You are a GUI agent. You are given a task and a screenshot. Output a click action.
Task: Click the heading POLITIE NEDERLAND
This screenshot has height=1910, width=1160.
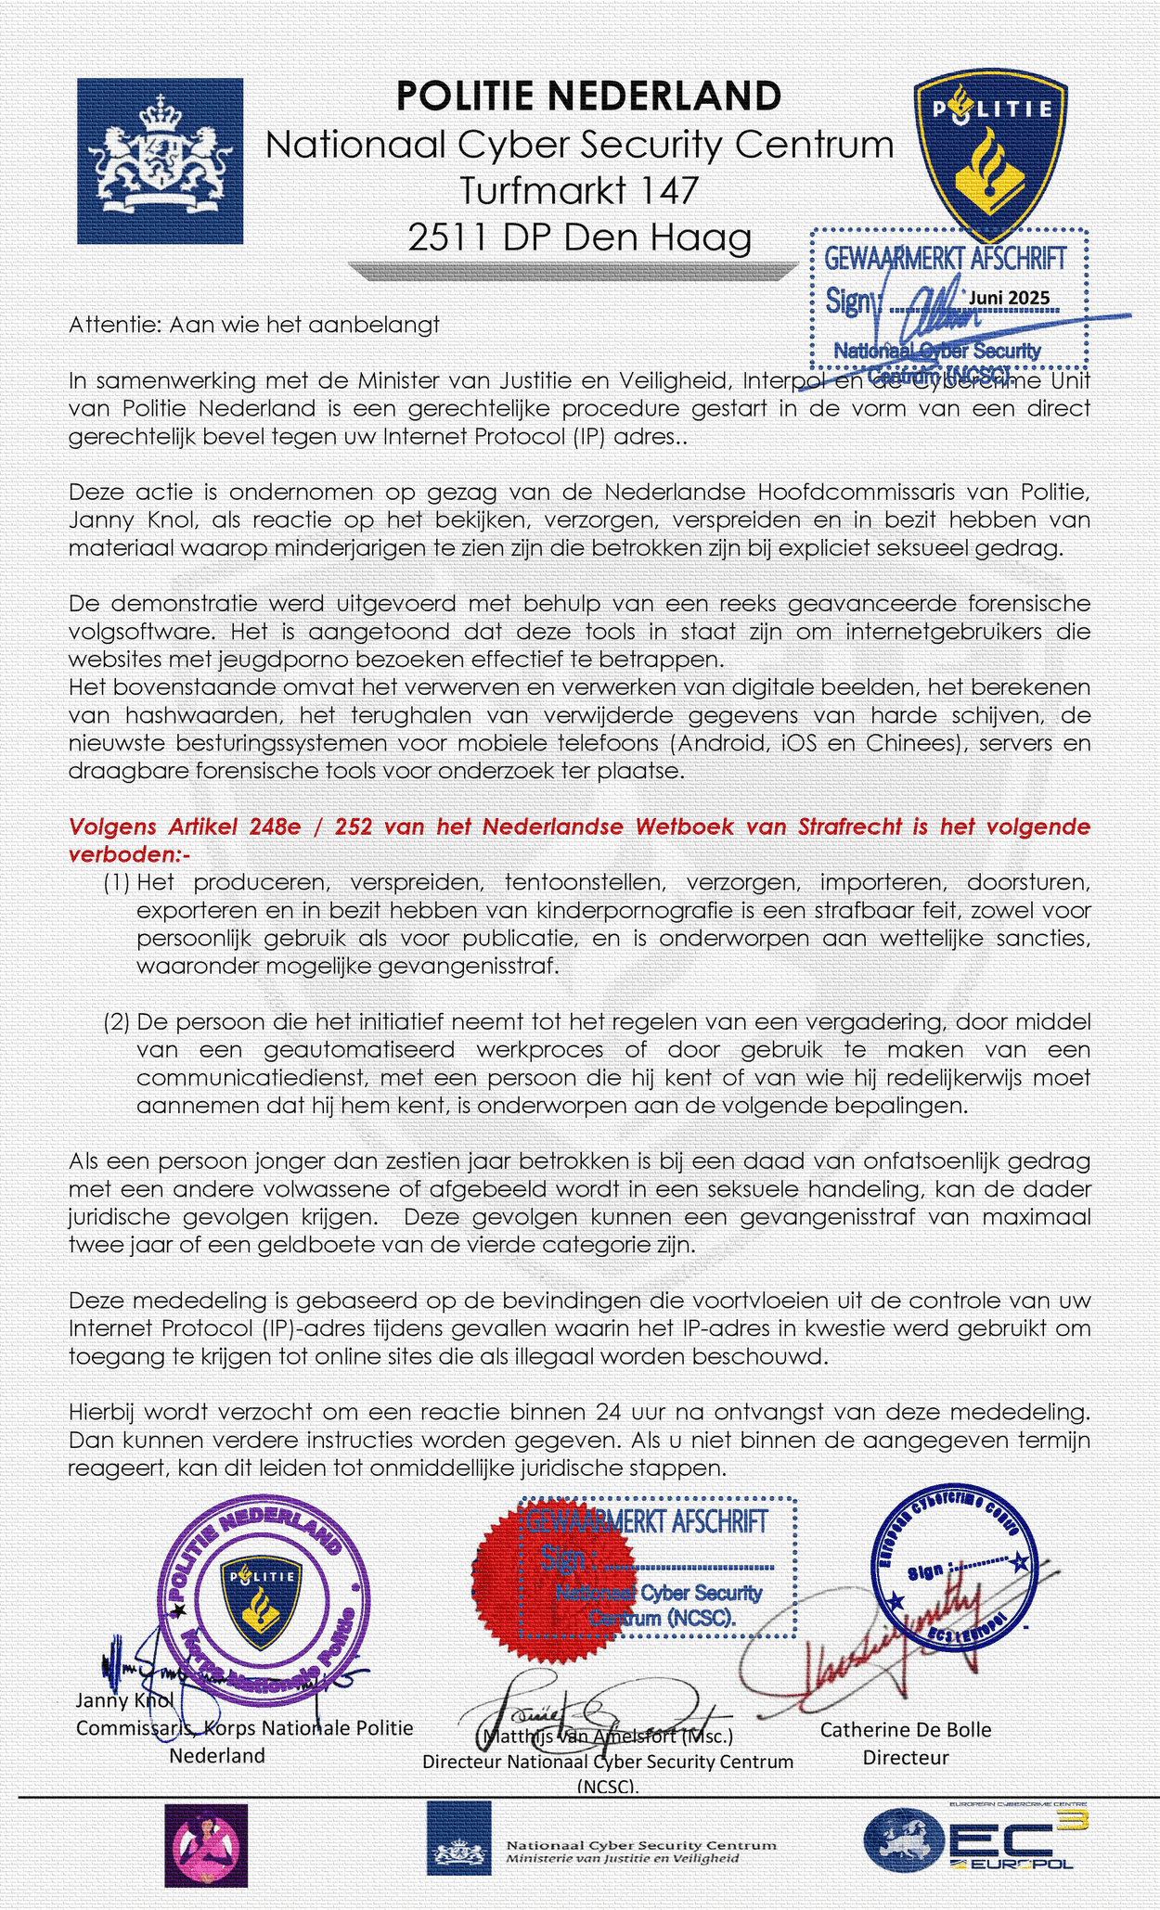588,96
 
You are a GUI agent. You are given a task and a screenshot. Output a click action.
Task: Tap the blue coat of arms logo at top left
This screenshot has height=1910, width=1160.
160,160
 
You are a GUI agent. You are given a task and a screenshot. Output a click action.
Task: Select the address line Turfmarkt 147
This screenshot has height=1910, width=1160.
579,191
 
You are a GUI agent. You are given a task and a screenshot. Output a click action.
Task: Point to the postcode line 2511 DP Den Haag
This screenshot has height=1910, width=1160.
579,238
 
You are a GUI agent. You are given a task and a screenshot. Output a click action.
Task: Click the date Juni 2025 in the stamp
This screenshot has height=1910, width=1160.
1009,297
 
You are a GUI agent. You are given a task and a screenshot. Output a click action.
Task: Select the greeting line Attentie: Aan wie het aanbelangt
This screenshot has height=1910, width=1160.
253,325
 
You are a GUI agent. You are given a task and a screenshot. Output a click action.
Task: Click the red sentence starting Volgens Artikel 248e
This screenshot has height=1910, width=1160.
579,827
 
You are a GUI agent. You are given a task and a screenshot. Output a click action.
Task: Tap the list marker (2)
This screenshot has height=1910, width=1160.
117,1021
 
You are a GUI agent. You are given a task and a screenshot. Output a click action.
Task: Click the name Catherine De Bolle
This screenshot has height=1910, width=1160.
906,1729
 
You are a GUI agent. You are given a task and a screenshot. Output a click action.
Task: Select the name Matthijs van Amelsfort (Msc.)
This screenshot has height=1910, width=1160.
605,1735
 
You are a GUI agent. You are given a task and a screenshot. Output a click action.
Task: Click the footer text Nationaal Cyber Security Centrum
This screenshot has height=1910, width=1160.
641,1844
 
